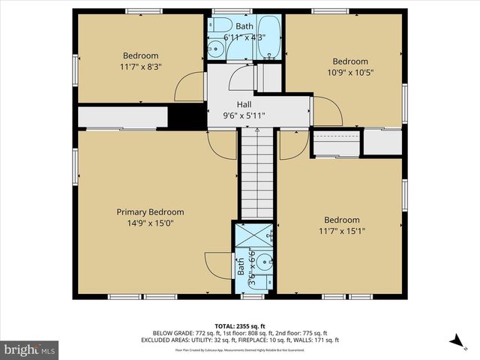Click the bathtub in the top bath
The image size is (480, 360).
(x=268, y=39)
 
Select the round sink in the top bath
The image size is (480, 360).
(x=216, y=49)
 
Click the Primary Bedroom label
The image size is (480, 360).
(x=150, y=212)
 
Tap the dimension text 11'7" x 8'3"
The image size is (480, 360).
(x=141, y=67)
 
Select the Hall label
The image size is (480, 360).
(x=244, y=105)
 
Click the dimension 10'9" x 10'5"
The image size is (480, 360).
(x=350, y=73)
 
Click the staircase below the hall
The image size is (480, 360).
(x=259, y=172)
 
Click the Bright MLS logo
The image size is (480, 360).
(x=30, y=349)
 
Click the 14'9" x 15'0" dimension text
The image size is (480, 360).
(x=150, y=223)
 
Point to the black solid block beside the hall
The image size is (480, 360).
(x=187, y=115)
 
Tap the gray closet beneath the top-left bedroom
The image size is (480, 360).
(x=122, y=117)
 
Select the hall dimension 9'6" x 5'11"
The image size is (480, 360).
(x=244, y=115)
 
